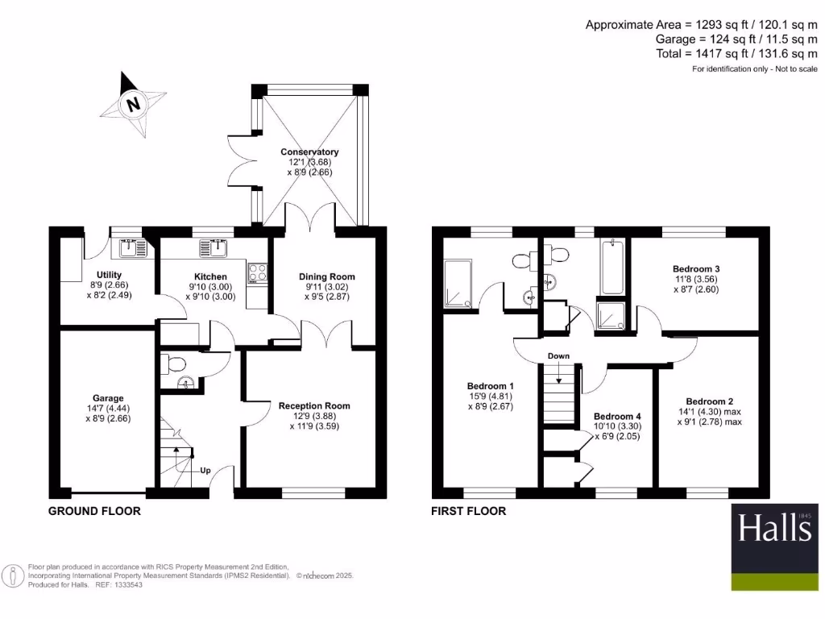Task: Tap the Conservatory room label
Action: pyautogui.click(x=309, y=152)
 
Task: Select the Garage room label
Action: pyautogui.click(x=108, y=398)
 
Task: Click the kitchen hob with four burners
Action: pyautogui.click(x=258, y=274)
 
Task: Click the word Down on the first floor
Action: pyautogui.click(x=558, y=355)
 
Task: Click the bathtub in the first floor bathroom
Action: pyautogui.click(x=611, y=267)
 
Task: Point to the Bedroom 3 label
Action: pyautogui.click(x=696, y=268)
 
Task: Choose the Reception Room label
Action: pyautogui.click(x=314, y=405)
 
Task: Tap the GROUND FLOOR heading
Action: pyautogui.click(x=94, y=511)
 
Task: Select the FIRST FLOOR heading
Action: pyautogui.click(x=468, y=511)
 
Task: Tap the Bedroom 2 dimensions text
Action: pyautogui.click(x=708, y=416)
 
